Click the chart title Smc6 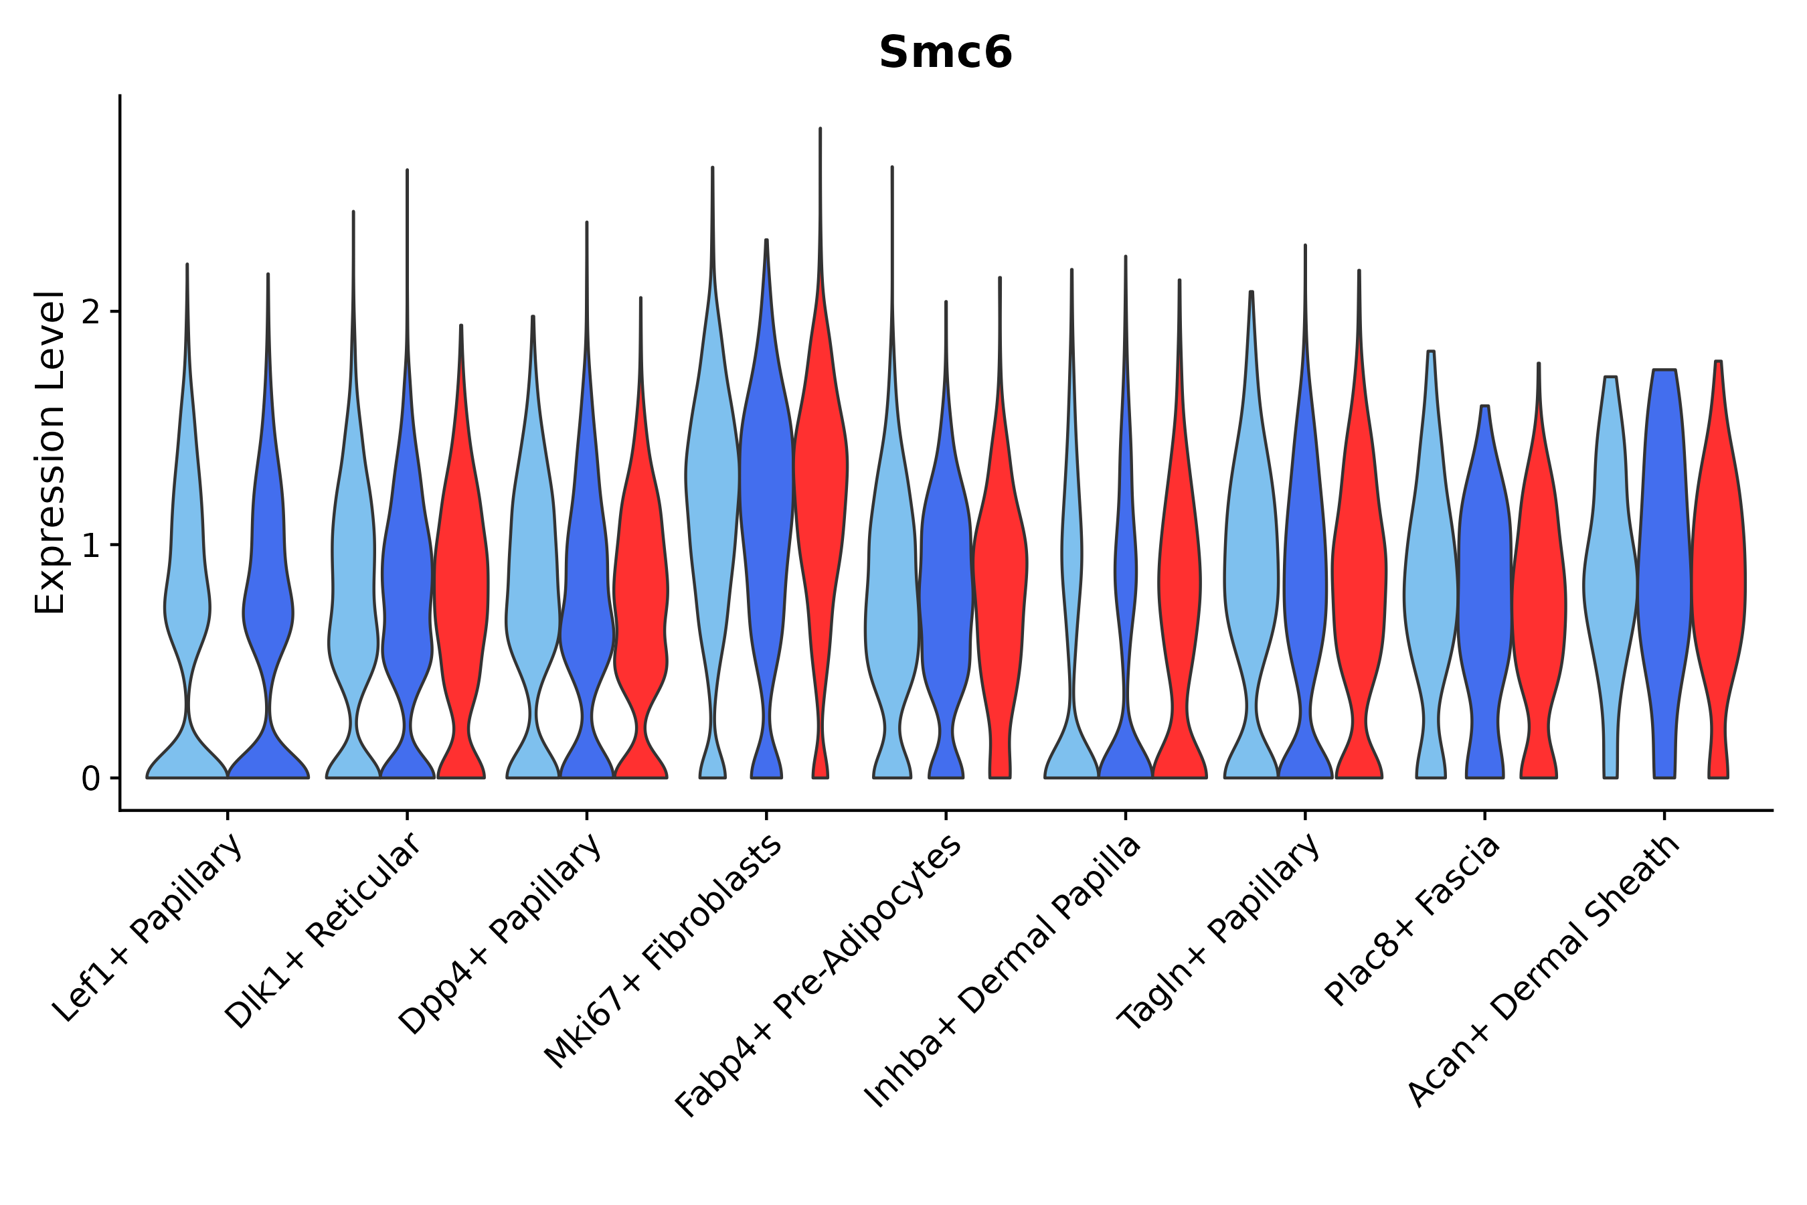[x=945, y=53]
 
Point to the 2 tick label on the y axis [x=90, y=312]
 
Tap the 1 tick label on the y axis [x=90, y=546]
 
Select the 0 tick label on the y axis [x=90, y=779]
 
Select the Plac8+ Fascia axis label [x=1412, y=920]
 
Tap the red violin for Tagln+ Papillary [x=1359, y=584]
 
